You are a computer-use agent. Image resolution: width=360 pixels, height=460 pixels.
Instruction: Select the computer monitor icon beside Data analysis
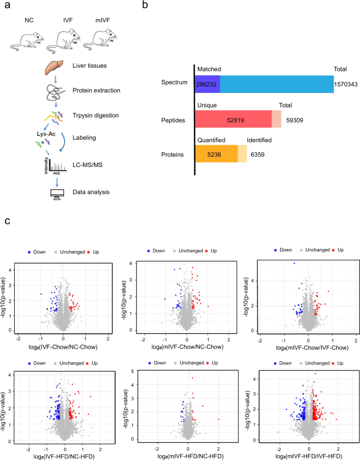click(51, 192)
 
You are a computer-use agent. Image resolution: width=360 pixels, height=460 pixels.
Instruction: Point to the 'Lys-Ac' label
click(33, 135)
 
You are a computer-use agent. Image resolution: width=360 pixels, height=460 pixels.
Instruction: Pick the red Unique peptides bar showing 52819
click(233, 120)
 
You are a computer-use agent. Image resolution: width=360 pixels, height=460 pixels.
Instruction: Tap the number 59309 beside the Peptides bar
click(297, 120)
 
